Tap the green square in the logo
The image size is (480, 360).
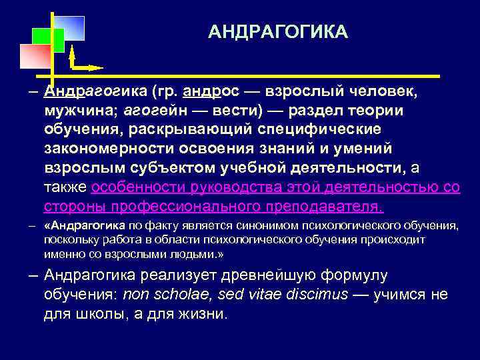tap(49, 40)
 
